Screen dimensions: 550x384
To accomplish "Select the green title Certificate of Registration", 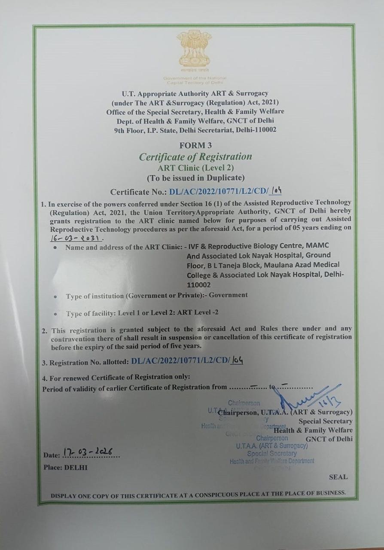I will tap(195, 156).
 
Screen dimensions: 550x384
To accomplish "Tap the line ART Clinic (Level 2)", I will tap(195, 168).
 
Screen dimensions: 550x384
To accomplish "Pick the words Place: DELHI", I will tap(65, 467).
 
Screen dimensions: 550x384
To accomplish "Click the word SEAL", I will tap(338, 477).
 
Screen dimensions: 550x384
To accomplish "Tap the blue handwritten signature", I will tap(309, 399).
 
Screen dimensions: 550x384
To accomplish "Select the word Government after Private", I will tap(228, 295).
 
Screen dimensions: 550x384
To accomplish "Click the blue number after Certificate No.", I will tap(226, 192).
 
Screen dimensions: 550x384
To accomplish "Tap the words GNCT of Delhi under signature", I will tap(329, 439).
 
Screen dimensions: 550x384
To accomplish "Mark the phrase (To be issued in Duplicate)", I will tap(195, 178).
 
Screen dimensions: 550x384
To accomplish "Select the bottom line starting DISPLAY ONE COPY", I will tap(198, 493).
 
